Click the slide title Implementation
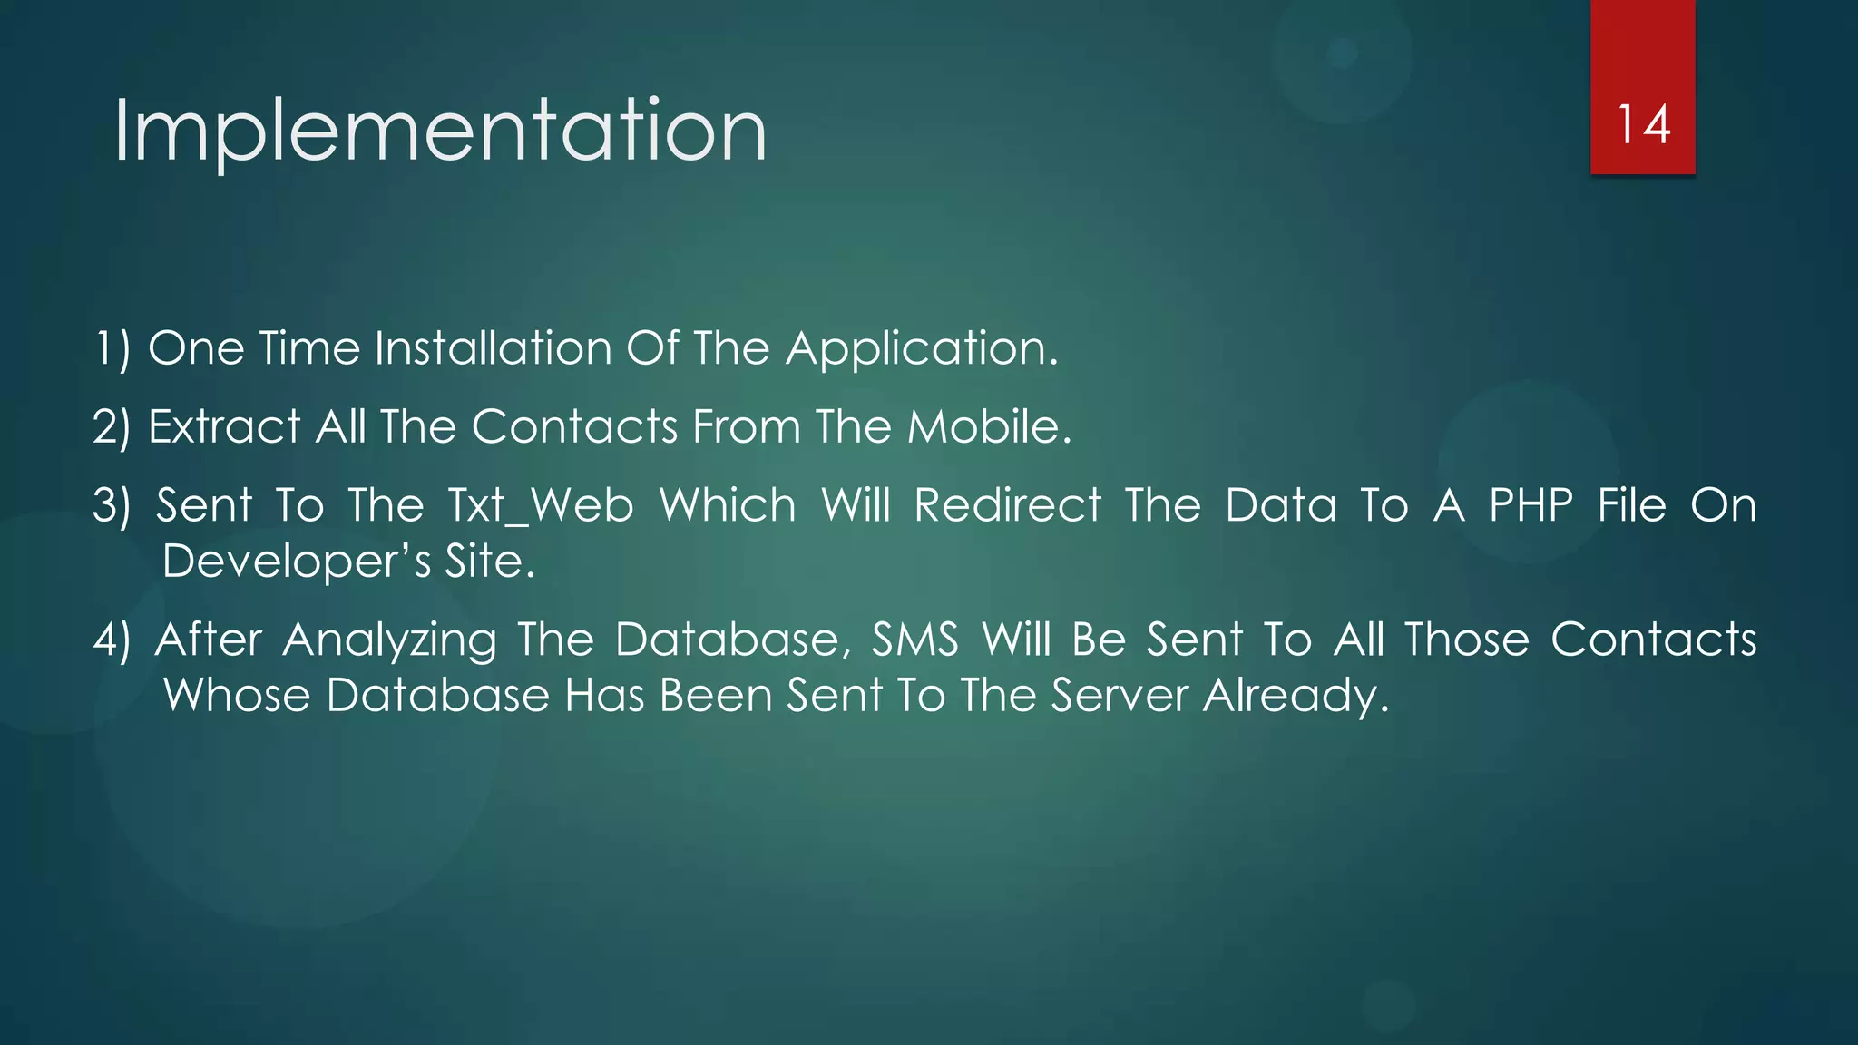[x=440, y=132]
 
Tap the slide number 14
[x=1643, y=124]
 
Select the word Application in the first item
[x=922, y=350]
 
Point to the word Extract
[x=224, y=426]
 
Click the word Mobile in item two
[x=989, y=426]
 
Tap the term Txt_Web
[x=541, y=506]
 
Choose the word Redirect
[x=1008, y=505]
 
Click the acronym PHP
[x=1531, y=505]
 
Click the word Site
[x=489, y=562]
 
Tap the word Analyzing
[x=390, y=641]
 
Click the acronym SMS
[x=914, y=640]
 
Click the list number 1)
[x=112, y=349]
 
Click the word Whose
[x=237, y=696]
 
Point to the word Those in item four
[x=1467, y=640]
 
